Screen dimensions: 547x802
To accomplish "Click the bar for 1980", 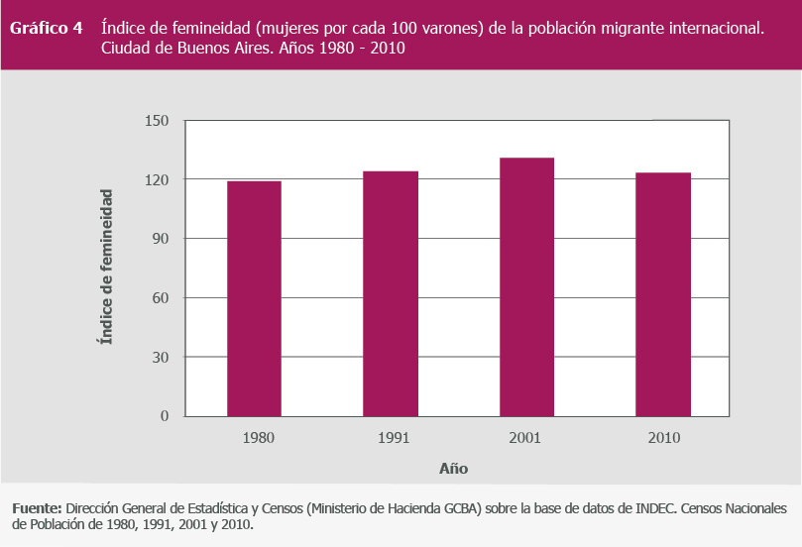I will coord(254,297).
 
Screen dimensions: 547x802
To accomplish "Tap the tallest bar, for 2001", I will coord(526,286).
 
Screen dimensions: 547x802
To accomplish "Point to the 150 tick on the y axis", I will coord(159,121).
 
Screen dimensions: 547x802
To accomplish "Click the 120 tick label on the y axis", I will coord(159,179).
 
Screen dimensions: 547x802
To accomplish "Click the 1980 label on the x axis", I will coord(254,437).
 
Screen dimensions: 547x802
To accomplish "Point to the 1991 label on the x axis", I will coord(390,437).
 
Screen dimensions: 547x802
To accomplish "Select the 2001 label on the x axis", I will coord(526,437).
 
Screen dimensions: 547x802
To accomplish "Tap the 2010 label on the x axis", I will coord(662,437).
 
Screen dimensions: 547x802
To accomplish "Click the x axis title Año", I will coord(453,468).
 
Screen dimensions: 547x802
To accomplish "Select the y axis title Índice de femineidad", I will coord(105,268).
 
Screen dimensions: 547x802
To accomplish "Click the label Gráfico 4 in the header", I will coord(46,28).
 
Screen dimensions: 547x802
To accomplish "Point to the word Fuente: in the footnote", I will coord(37,508).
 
